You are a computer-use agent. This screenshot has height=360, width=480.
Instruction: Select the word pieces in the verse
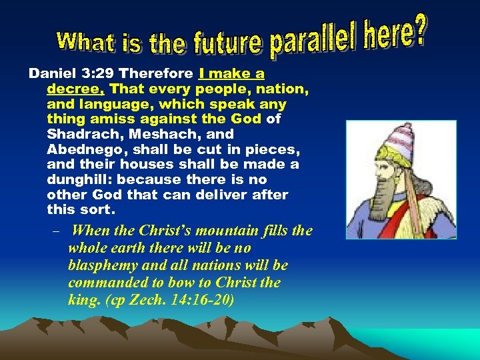pos(263,149)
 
